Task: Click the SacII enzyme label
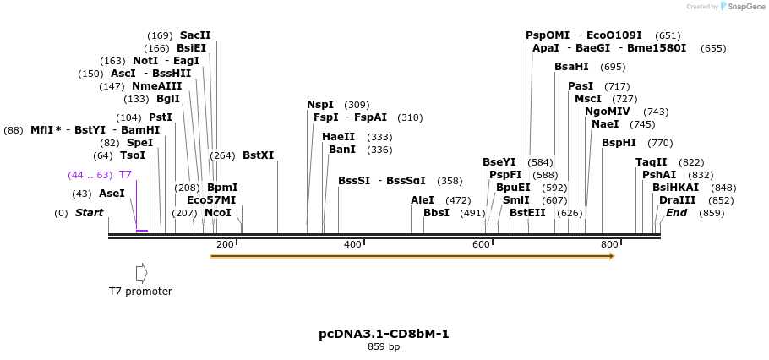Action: (194, 35)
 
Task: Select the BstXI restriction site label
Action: (258, 155)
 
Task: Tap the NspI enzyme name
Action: (319, 105)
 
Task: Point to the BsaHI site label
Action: (571, 67)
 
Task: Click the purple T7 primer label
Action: (125, 175)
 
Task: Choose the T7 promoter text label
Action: (140, 292)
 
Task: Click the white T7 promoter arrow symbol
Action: (141, 273)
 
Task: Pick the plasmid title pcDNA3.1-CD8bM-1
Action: (384, 334)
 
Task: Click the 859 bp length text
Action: (384, 347)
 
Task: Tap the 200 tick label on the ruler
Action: (225, 245)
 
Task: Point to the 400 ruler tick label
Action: (352, 245)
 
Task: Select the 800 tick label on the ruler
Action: (608, 245)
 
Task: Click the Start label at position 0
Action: (89, 213)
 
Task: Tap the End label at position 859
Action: (676, 213)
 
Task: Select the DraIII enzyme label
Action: (678, 200)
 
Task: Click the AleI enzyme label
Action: (422, 200)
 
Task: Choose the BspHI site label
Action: (619, 143)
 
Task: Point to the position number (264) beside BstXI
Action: (222, 155)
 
